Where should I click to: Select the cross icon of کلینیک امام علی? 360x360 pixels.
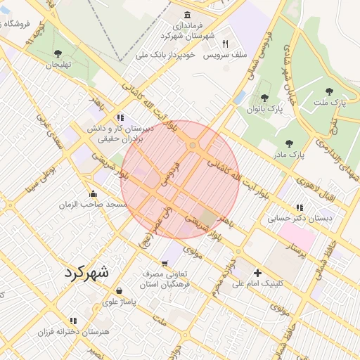pyautogui.click(x=257, y=273)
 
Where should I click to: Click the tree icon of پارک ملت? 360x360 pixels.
pyautogui.click(x=329, y=91)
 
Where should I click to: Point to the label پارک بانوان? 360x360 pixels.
pyautogui.click(x=264, y=109)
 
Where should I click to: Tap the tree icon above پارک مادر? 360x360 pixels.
pyautogui.click(x=289, y=143)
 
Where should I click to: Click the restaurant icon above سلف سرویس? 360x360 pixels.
pyautogui.click(x=225, y=43)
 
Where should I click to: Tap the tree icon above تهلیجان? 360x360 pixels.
pyautogui.click(x=58, y=53)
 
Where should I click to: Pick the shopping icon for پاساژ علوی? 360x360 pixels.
pyautogui.click(x=118, y=290)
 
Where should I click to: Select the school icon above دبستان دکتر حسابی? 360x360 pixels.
pyautogui.click(x=300, y=207)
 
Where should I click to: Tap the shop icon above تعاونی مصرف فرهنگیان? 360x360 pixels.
pyautogui.click(x=164, y=263)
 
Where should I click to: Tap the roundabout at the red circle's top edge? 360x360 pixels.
pyautogui.click(x=192, y=146)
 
